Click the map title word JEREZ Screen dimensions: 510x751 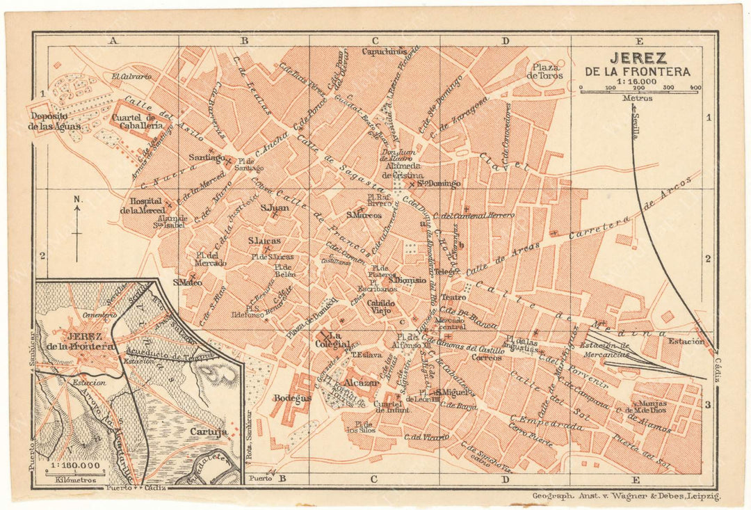click(638, 58)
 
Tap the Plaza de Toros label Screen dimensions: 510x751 click(544, 70)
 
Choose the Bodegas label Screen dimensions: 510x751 click(292, 398)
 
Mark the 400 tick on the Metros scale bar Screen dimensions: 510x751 click(695, 88)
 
